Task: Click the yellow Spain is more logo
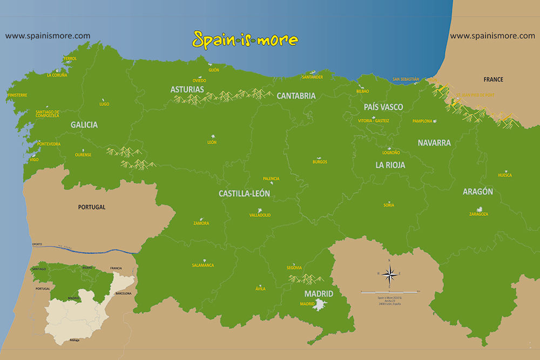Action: click(245, 39)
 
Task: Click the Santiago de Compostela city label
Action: click(47, 113)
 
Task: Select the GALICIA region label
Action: click(84, 125)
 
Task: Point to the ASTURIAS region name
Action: click(187, 89)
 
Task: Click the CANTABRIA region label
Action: click(296, 96)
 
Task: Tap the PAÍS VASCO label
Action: click(383, 107)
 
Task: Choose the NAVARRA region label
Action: click(434, 143)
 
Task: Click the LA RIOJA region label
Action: click(390, 165)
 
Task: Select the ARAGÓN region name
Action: click(477, 192)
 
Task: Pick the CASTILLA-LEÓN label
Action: click(244, 193)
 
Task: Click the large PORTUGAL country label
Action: click(92, 207)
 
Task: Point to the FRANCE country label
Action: click(493, 79)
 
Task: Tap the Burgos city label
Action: click(320, 162)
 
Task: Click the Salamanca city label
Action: click(203, 265)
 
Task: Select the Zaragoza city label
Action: click(478, 214)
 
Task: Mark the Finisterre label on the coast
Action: click(17, 95)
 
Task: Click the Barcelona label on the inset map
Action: click(123, 293)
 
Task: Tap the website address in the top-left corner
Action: click(48, 36)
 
